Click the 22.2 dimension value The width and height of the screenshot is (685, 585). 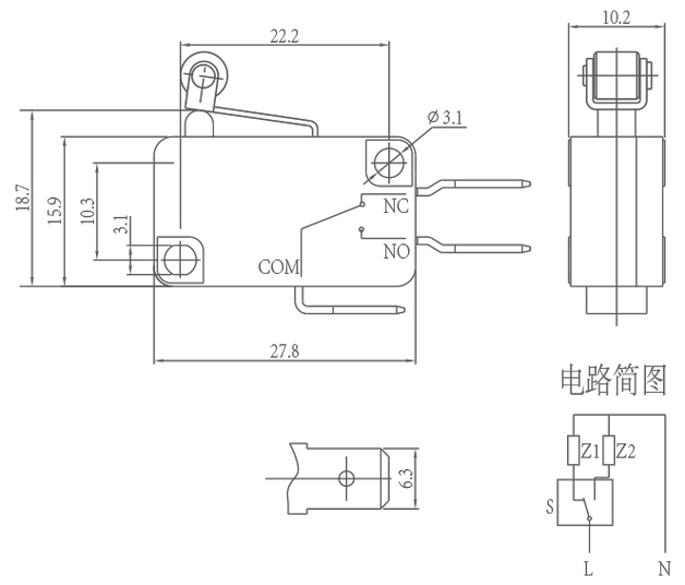284,37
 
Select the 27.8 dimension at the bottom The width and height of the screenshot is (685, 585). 284,351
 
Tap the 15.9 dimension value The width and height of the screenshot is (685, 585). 56,209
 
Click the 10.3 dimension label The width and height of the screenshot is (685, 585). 88,209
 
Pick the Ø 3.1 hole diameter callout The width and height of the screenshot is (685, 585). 445,117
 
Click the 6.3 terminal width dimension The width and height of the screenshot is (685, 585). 406,478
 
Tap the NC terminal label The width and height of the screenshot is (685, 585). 396,205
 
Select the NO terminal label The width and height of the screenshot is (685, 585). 397,252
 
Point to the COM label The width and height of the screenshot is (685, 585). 279,267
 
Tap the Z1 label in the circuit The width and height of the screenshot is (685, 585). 590,450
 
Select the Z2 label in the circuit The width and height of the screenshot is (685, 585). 625,450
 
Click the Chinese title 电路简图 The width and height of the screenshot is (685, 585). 614,380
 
